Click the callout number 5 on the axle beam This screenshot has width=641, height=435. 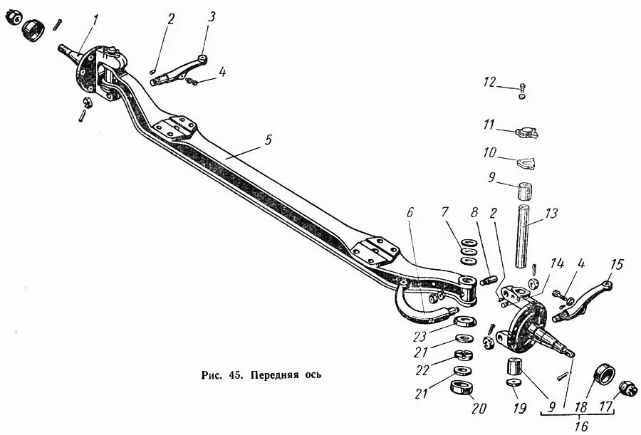(267, 140)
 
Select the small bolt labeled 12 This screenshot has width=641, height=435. (523, 91)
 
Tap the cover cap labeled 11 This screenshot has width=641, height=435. (526, 132)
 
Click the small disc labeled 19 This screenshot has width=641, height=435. (513, 384)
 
